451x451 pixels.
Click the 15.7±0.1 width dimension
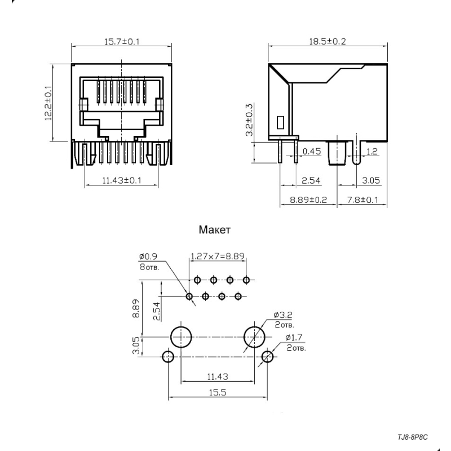tap(122, 42)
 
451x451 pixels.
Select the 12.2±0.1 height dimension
tap(48, 103)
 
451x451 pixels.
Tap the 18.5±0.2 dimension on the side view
tap(328, 41)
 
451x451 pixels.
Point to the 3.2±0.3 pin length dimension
tap(249, 120)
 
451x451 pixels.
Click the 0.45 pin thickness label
tap(312, 151)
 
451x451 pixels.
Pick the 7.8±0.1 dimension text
tap(362, 200)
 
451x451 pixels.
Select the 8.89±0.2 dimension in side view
tap(308, 200)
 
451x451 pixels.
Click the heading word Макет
tap(215, 230)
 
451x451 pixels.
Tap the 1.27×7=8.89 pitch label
tap(218, 256)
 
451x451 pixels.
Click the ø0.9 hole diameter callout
tap(148, 257)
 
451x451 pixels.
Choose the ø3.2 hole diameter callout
tap(283, 315)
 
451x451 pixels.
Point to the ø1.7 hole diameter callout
tap(294, 337)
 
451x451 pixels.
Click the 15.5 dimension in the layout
tap(218, 392)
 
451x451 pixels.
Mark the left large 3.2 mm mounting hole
tap(181, 337)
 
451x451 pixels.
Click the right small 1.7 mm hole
tap(267, 357)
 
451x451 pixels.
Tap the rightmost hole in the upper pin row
tap(246, 280)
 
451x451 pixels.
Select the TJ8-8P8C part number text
tap(413, 437)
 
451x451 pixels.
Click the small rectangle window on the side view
tap(280, 122)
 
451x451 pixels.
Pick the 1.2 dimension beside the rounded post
tap(372, 151)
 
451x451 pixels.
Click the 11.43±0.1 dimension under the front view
tap(122, 180)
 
